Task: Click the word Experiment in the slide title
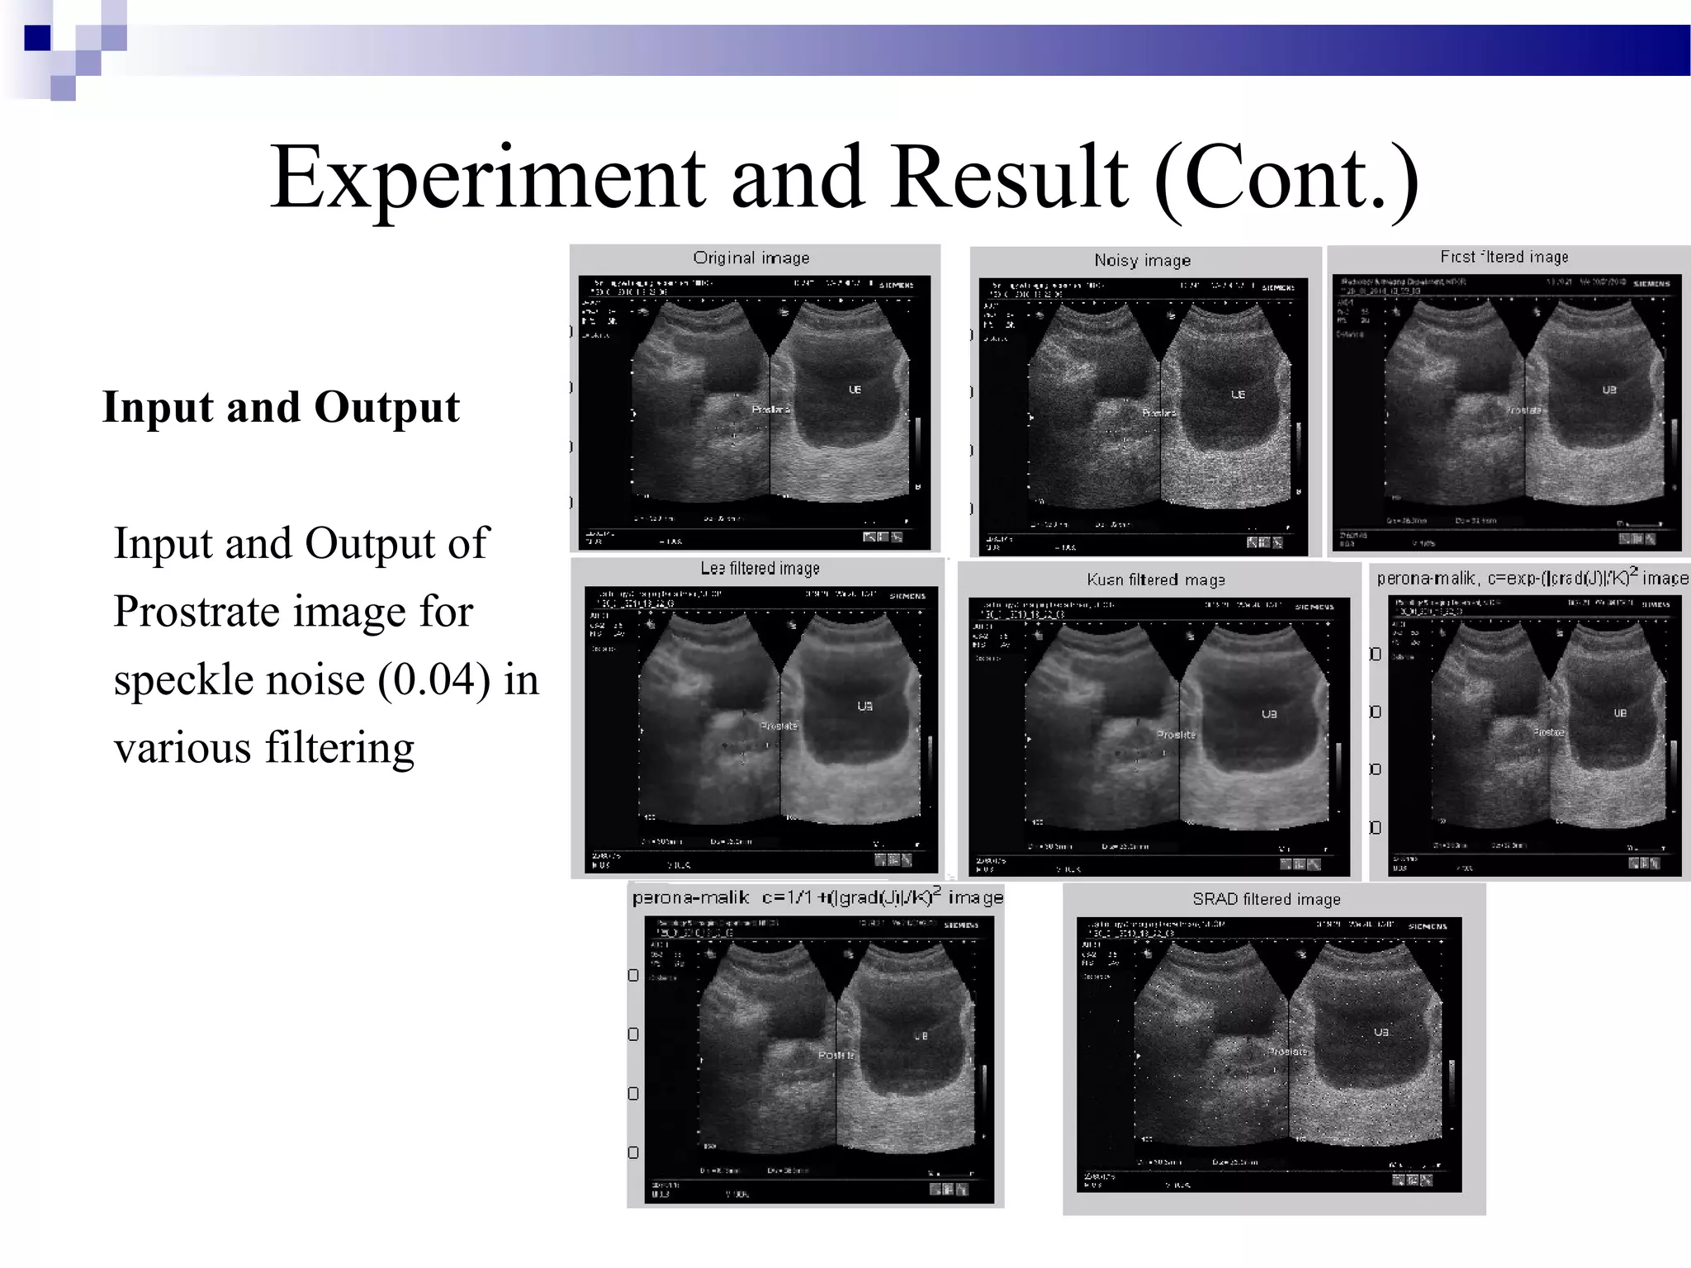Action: pos(487,178)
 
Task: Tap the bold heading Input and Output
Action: pos(281,407)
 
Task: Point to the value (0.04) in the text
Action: pos(434,680)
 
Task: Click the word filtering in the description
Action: pos(339,748)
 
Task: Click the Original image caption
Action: pos(751,258)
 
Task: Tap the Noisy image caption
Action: pos(1143,261)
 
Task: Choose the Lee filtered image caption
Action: pos(760,569)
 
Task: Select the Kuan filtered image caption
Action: pos(1156,580)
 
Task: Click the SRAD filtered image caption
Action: pos(1267,900)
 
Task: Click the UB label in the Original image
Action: pos(855,390)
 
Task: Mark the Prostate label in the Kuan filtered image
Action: pos(1176,735)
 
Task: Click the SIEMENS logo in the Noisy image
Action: pos(1278,287)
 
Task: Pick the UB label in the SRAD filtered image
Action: pos(1381,1033)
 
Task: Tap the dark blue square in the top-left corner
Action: pos(37,38)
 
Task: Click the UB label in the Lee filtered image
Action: pos(864,706)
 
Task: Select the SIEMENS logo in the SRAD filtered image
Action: pos(1428,926)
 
